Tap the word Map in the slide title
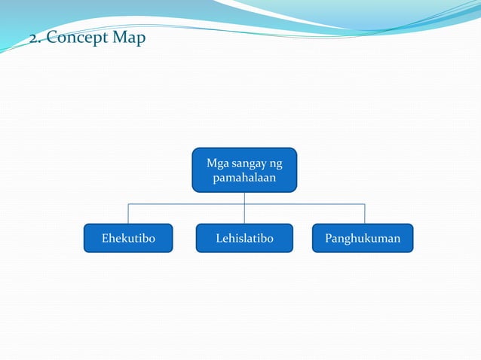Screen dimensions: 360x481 point(129,37)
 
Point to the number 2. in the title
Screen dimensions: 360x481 point(35,38)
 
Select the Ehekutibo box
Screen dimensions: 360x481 point(128,238)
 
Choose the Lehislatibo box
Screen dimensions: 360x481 point(244,238)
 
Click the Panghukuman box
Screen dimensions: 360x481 point(363,238)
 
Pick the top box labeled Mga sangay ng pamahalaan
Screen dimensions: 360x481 point(244,170)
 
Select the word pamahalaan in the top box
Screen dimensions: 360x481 point(244,178)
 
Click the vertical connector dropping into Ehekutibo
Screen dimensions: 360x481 point(128,214)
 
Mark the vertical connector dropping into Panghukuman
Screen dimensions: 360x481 point(365,214)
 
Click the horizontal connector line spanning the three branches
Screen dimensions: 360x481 point(188,203)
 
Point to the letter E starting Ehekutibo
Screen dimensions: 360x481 point(105,239)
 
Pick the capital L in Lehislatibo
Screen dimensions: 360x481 point(219,239)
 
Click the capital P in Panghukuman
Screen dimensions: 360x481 point(329,239)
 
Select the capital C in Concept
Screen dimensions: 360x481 point(51,38)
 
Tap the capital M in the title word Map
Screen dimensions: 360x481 point(120,37)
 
